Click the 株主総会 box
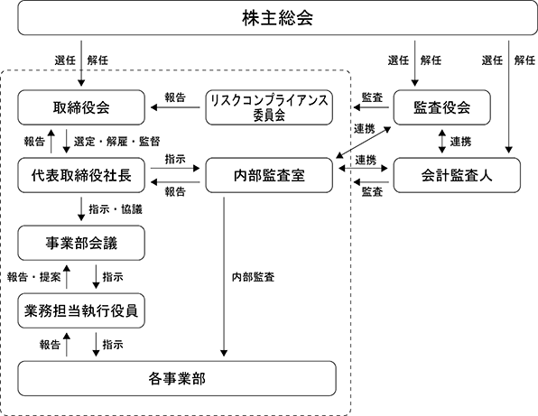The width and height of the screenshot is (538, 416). point(277,17)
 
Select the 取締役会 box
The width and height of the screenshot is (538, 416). point(81,107)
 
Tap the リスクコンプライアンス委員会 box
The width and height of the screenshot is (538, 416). point(269,107)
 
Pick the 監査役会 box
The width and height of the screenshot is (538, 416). point(442,107)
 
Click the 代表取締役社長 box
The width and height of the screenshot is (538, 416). point(81,175)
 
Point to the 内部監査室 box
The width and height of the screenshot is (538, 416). point(269,175)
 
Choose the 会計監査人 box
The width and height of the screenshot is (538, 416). point(457,175)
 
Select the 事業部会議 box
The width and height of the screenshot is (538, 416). point(81,243)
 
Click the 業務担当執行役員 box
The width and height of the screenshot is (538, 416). point(81,310)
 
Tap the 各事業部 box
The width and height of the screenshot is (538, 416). point(177,378)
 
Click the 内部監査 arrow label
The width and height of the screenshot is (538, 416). point(254,277)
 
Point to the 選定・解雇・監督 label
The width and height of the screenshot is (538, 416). point(116,142)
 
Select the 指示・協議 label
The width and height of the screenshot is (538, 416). point(116,209)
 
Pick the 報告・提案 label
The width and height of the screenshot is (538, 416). point(33,277)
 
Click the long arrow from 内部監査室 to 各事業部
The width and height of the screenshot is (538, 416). point(224,277)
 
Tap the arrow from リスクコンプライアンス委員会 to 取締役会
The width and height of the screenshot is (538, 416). point(175,107)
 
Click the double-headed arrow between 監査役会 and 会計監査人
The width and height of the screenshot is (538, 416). point(442,142)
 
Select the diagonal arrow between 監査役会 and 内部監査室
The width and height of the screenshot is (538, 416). point(364,143)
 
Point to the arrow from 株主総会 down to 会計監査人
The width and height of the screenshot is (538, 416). point(509,97)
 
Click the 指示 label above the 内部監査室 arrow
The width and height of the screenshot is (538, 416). point(175,159)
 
